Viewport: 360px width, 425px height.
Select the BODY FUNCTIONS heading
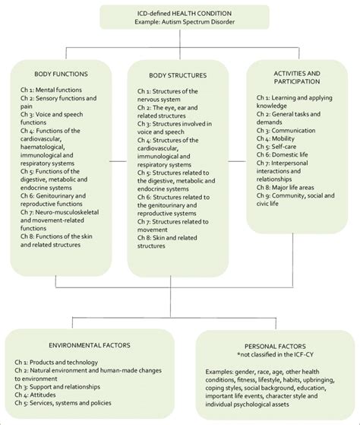click(61, 75)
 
